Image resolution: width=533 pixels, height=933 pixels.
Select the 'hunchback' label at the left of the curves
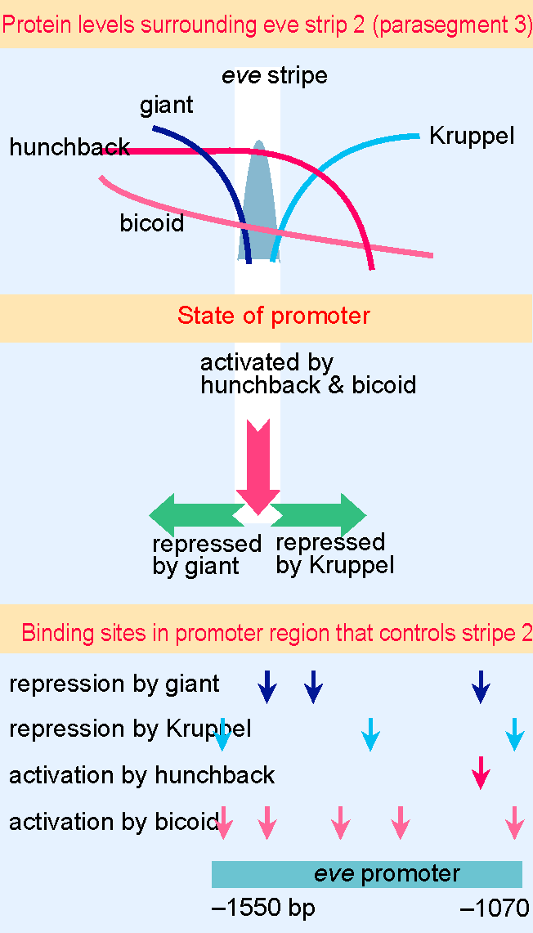(69, 147)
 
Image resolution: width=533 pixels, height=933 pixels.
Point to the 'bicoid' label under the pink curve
(152, 224)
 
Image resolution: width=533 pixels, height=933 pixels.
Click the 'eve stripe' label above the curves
(274, 76)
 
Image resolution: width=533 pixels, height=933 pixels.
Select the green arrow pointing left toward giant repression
(196, 514)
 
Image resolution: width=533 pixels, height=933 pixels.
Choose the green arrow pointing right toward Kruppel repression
(319, 514)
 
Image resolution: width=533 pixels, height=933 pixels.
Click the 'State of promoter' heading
(274, 316)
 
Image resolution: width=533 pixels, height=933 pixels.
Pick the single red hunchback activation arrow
(481, 773)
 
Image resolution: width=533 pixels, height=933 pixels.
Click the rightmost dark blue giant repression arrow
(481, 687)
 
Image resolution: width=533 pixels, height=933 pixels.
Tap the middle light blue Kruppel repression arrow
(370, 734)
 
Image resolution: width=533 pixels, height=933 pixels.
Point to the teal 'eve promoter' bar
(367, 873)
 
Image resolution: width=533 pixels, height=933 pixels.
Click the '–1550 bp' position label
(263, 908)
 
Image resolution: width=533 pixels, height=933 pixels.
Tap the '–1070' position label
(495, 908)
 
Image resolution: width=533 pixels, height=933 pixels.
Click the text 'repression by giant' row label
(114, 684)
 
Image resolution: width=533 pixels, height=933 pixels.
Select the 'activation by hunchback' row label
(141, 774)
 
